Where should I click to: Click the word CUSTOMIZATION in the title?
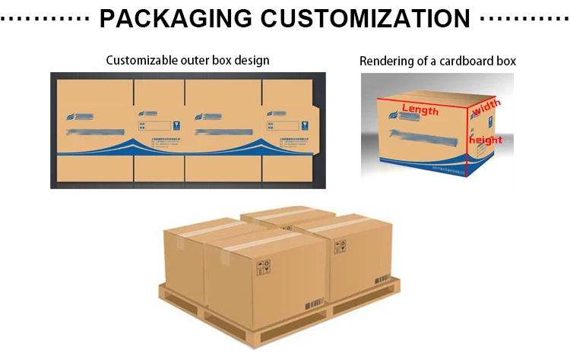tap(355, 17)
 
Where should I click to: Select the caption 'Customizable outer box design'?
tap(188, 60)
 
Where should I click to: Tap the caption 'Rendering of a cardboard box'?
tap(438, 61)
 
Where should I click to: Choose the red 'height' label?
tap(486, 140)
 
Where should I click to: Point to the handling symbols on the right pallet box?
tap(340, 247)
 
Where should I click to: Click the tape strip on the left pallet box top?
tap(195, 229)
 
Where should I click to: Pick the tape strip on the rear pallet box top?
tap(272, 213)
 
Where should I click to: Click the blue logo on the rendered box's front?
tap(394, 115)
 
